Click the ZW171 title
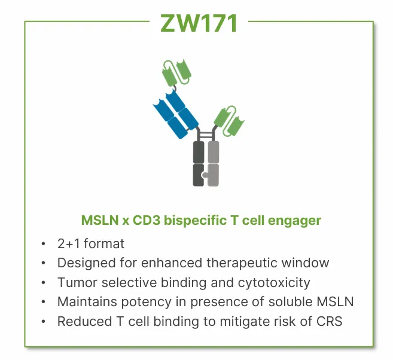pos(199,23)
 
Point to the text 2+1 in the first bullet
pos(69,244)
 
